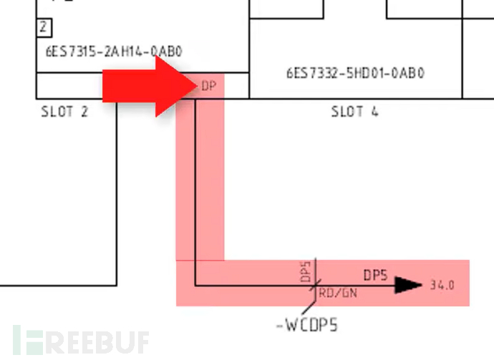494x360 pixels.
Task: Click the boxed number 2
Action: (x=44, y=28)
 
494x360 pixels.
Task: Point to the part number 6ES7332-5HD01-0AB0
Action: (x=355, y=72)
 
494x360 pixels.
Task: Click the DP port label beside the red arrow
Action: (x=208, y=87)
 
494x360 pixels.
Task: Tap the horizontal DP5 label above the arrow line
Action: (x=376, y=274)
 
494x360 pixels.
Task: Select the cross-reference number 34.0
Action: (x=442, y=285)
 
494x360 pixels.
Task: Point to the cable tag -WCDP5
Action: (x=307, y=326)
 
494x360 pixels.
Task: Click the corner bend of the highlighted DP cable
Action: (x=195, y=285)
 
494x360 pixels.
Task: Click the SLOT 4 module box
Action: (x=355, y=57)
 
